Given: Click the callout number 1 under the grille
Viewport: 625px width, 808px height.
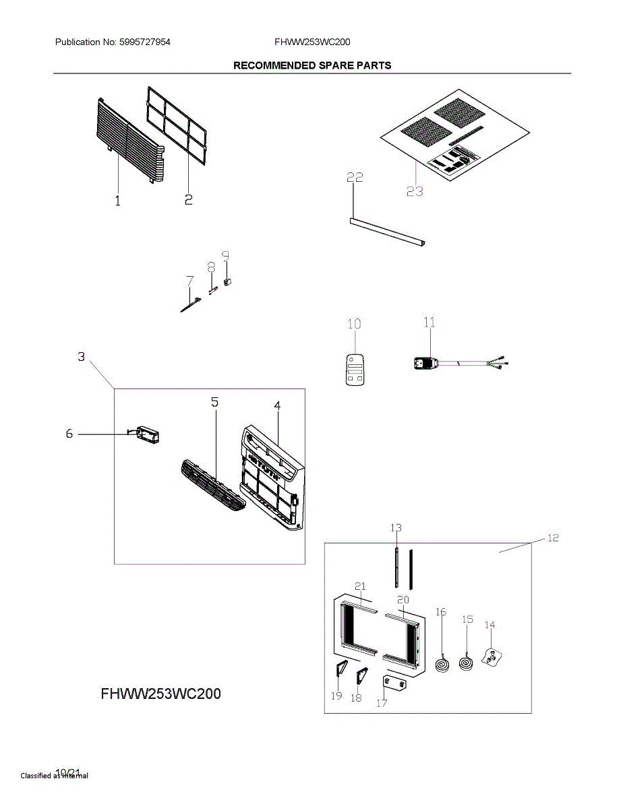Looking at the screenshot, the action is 118,201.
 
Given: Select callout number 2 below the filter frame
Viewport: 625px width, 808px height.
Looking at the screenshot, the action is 189,199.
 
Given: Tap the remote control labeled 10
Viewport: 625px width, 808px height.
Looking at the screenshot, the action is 355,370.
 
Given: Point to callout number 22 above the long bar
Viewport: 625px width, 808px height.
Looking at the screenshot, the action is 355,178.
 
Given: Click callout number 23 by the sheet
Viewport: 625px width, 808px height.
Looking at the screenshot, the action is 415,191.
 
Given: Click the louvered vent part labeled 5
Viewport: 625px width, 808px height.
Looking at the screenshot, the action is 212,485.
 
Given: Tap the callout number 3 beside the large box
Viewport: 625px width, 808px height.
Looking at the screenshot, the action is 81,357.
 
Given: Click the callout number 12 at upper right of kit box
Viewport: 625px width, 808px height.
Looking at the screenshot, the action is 552,538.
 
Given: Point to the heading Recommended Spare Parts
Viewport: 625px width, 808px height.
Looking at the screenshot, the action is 311,65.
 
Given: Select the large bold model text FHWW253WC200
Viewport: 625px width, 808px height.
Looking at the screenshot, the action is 160,694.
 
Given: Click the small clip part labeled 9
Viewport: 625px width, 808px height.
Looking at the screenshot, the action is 227,280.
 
